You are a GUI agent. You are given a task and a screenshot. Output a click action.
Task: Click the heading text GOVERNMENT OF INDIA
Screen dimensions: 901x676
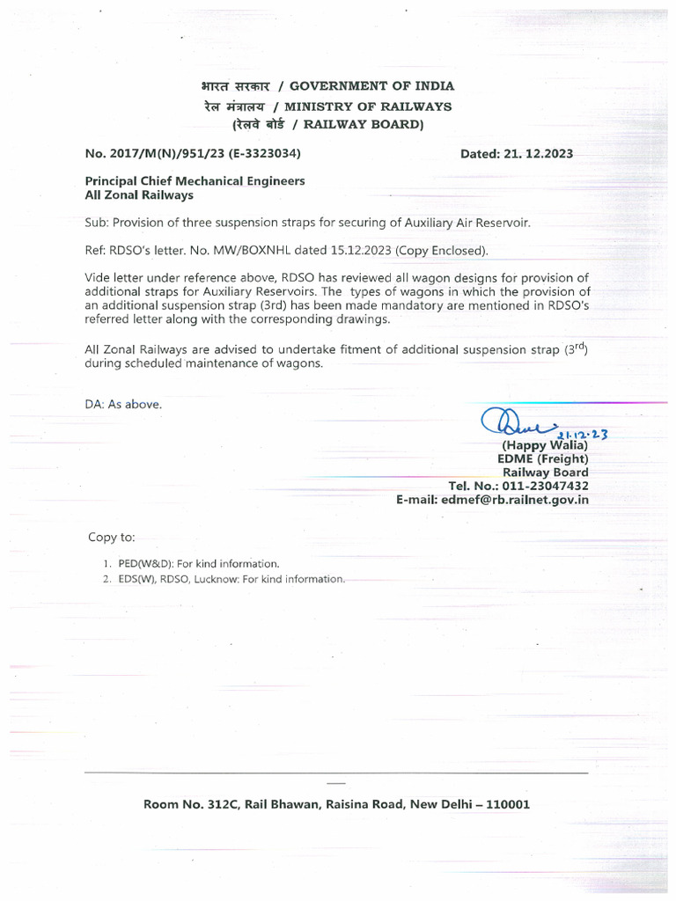point(372,86)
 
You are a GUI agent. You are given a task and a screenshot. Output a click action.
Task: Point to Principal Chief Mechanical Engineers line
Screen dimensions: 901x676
point(195,180)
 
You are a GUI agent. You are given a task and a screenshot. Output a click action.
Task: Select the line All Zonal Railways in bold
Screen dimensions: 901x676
point(138,194)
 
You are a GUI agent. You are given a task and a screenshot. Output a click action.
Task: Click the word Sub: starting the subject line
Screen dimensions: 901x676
point(97,223)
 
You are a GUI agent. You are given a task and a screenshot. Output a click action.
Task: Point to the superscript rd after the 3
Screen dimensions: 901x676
point(579,346)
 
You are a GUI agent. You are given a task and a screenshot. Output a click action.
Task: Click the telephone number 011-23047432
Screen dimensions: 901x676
point(543,486)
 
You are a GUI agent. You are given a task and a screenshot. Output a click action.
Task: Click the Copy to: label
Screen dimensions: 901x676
point(111,537)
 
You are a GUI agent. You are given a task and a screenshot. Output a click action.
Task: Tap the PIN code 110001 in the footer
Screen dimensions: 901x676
point(501,804)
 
